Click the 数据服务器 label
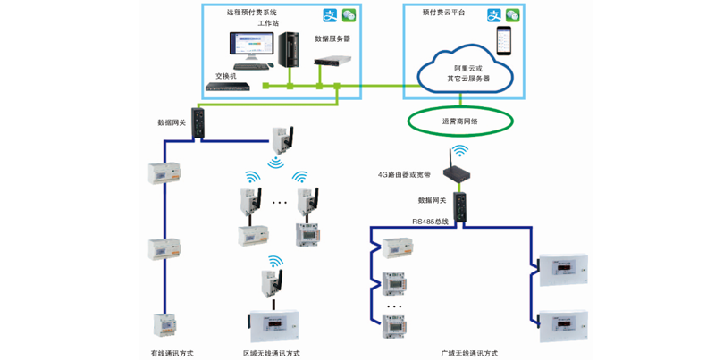click(332, 38)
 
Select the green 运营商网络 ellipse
click(460, 121)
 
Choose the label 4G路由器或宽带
click(404, 175)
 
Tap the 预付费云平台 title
click(444, 13)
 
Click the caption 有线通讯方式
click(172, 353)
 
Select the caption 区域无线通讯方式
click(272, 353)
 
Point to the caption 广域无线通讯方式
click(469, 353)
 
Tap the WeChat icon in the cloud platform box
click(513, 15)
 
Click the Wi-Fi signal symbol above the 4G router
click(459, 152)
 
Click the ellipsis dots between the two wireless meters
click(280, 203)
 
